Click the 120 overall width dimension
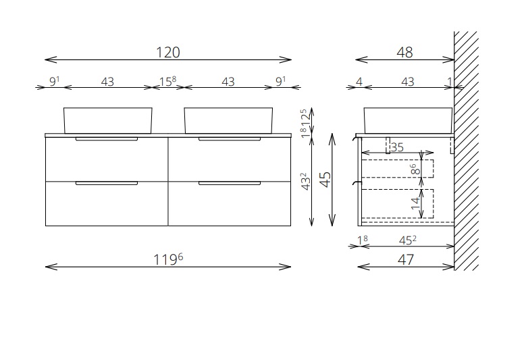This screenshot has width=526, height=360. (x=168, y=52)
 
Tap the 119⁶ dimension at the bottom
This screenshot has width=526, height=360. (x=168, y=259)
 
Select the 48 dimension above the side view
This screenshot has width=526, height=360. (x=404, y=52)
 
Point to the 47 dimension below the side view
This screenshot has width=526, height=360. (x=406, y=259)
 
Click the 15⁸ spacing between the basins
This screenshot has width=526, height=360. (x=167, y=82)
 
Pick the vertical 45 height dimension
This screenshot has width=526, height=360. (x=325, y=180)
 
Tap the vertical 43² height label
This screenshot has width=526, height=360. (x=306, y=182)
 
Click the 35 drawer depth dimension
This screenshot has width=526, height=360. (x=397, y=147)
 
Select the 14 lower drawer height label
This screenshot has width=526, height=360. (x=415, y=203)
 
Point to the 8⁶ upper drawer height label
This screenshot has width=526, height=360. (x=415, y=169)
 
